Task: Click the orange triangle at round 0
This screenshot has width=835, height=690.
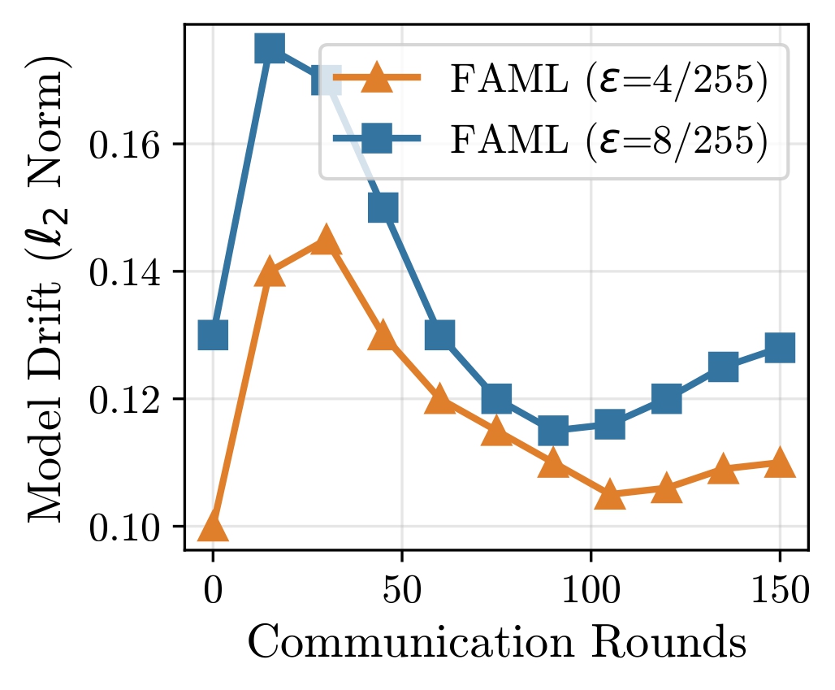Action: pos(213,527)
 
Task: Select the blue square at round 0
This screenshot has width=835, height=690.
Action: pos(213,334)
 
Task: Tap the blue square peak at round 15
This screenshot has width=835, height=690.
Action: pos(270,48)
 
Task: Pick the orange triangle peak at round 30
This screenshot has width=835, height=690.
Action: pos(326,241)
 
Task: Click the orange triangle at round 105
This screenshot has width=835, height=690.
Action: pos(610,495)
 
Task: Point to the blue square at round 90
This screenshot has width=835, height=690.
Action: pos(553,430)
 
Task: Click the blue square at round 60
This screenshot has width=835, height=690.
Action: pos(439,334)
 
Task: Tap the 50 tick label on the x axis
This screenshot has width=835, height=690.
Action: pos(401,592)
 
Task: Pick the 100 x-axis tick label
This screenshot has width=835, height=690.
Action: pos(591,592)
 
